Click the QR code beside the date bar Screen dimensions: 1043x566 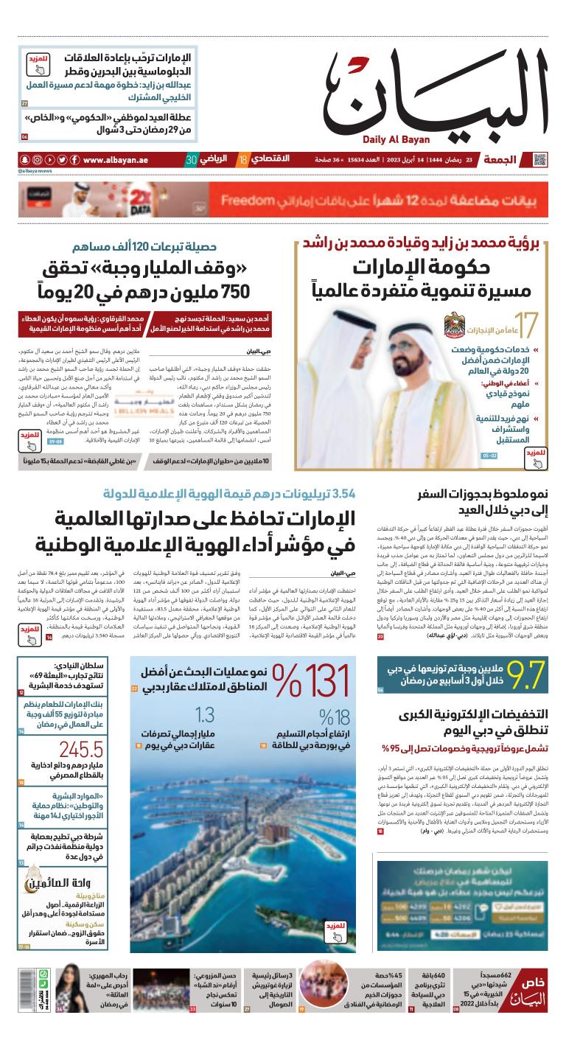coord(540,160)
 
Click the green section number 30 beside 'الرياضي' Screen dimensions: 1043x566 coord(191,160)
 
